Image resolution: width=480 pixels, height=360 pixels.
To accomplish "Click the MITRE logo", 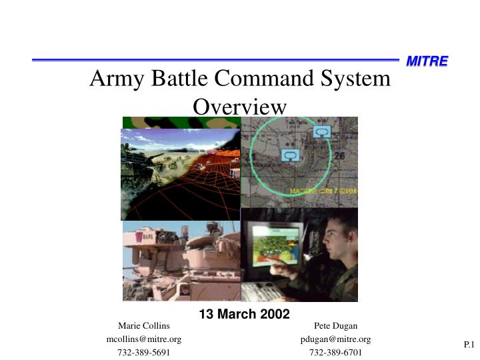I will (x=427, y=61).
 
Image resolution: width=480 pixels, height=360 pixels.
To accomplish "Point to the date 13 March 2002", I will (x=244, y=314).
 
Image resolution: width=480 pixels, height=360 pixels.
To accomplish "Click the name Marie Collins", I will (x=144, y=326).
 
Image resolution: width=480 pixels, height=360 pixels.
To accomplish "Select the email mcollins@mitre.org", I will (x=144, y=339).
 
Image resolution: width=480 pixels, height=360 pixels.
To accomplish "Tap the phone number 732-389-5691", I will (x=144, y=352).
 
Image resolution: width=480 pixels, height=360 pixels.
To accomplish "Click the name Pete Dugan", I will (x=335, y=326).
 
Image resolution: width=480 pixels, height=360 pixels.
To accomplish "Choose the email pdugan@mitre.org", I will (x=335, y=339).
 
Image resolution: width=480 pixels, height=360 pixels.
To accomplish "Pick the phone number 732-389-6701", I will (x=335, y=352).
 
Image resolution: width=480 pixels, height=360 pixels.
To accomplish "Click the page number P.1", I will (x=468, y=345).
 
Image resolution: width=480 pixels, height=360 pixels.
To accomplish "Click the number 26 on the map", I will (x=340, y=155).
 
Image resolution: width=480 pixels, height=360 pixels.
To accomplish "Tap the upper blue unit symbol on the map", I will (x=322, y=132).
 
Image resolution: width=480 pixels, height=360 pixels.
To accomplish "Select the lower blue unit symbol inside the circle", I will (x=289, y=155).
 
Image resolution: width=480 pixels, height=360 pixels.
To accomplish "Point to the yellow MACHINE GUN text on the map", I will (x=323, y=191).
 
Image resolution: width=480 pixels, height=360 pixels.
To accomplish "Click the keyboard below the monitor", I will (x=263, y=291).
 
